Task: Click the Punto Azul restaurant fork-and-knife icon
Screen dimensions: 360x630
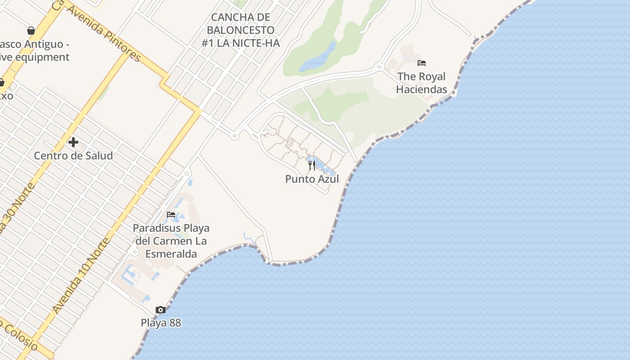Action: (312, 166)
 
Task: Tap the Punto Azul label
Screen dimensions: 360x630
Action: (312, 179)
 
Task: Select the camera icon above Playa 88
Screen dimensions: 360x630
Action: (161, 310)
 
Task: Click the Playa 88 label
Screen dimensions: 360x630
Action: (161, 323)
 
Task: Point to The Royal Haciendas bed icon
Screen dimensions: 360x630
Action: (422, 63)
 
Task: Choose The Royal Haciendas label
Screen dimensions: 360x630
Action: (422, 83)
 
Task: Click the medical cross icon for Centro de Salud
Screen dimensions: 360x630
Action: (73, 142)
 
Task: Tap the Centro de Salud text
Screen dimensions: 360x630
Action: (73, 156)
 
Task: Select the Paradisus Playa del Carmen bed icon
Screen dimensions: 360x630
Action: (171, 214)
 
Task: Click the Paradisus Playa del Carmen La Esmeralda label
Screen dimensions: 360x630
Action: (171, 241)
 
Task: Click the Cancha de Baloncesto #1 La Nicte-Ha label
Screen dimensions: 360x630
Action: (241, 30)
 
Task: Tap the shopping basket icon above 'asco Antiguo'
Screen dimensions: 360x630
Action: (31, 31)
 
